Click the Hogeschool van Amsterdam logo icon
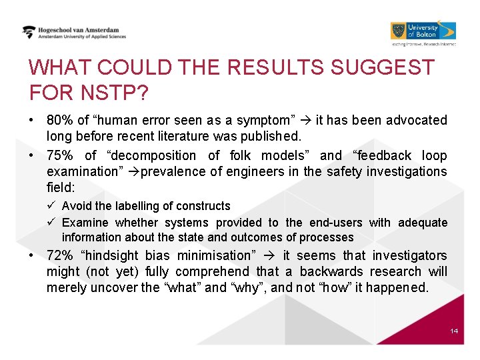point(29,32)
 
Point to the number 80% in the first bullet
point(59,121)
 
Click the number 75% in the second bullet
point(59,155)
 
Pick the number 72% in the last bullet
point(59,255)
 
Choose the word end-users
point(337,222)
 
